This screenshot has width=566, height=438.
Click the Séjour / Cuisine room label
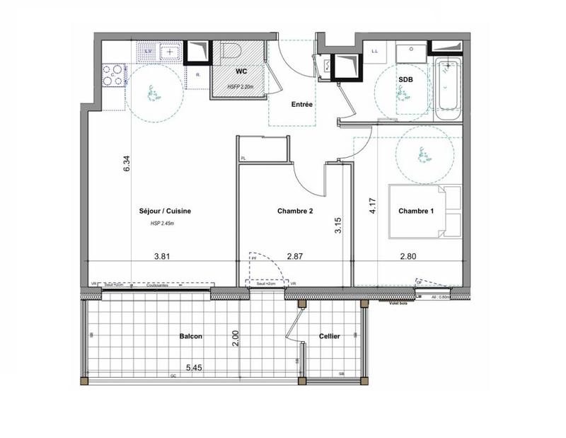pos(165,211)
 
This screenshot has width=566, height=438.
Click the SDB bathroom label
pos(407,80)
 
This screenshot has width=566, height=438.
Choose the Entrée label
pos(302,105)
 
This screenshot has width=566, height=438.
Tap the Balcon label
pos(191,337)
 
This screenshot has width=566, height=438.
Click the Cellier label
pos(330,337)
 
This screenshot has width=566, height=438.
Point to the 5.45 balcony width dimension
pos(195,368)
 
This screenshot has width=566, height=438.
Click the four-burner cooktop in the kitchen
pos(113,75)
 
